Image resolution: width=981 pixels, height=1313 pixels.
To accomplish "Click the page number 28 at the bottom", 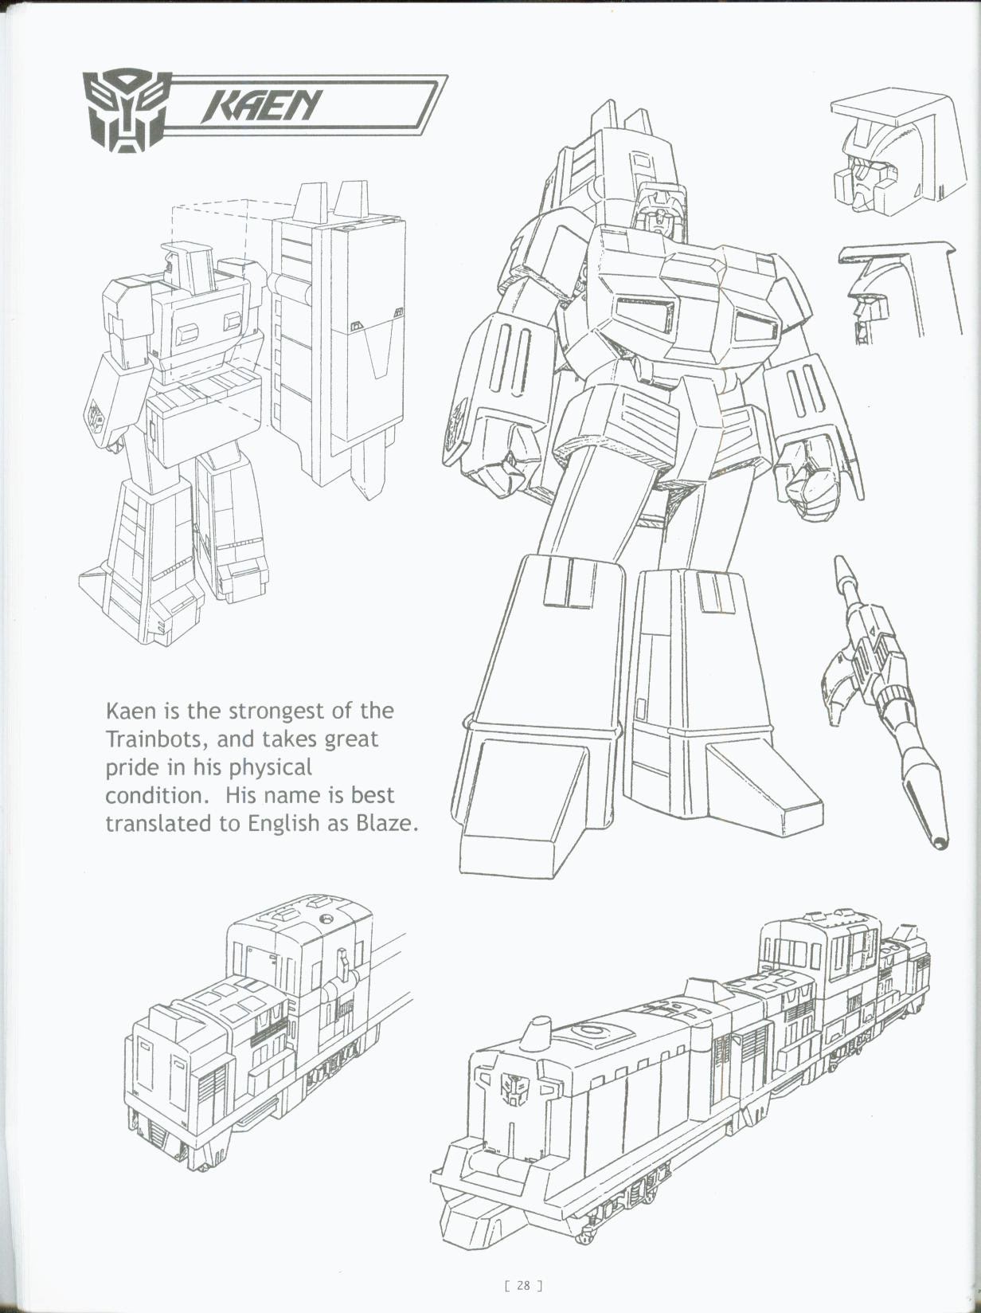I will click(523, 1285).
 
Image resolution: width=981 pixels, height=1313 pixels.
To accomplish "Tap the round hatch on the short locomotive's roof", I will click(325, 919).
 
